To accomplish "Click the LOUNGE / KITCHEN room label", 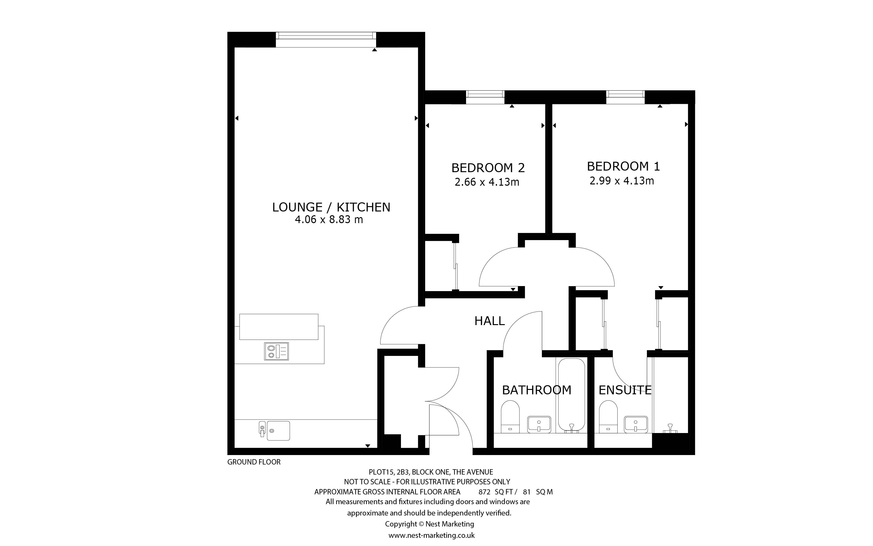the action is (331, 207).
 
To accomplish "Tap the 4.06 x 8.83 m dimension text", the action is (329, 220).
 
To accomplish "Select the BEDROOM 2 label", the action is (488, 168).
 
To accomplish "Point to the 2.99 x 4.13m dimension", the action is (621, 181).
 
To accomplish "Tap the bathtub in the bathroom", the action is (571, 395).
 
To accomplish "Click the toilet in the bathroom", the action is (510, 416).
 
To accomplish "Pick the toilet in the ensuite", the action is (608, 416).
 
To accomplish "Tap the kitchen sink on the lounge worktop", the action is (274, 431).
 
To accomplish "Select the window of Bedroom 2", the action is (485, 97).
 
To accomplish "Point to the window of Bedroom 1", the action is (625, 97).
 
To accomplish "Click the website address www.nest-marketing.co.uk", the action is (431, 536).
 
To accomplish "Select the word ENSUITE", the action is (625, 390).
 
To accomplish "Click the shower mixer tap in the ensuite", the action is (670, 428).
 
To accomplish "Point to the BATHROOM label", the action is (537, 390).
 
